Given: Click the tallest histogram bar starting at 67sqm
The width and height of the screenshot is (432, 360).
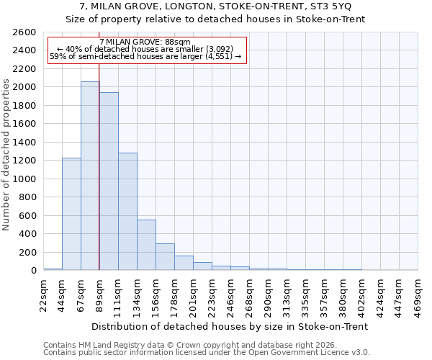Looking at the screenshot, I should point(90,176).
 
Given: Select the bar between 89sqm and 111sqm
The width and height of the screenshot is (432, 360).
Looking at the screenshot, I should point(109,181).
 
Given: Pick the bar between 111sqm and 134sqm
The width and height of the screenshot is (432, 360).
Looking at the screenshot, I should point(127,212).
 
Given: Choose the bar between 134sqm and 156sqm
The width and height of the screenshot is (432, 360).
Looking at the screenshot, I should point(146,245).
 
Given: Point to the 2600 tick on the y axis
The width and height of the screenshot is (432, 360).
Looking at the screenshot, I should point(24,32).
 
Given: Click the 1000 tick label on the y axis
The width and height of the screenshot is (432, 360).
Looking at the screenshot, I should point(24,179).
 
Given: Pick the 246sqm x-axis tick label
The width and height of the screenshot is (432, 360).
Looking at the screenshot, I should point(230,294).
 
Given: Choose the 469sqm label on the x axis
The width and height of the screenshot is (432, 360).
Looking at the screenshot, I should point(418,294).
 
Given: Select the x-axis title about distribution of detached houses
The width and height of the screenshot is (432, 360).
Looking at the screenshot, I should point(230,326).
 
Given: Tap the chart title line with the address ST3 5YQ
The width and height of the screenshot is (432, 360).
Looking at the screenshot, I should point(215,6).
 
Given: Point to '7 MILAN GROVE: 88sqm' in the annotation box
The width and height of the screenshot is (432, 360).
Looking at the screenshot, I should point(145,42).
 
